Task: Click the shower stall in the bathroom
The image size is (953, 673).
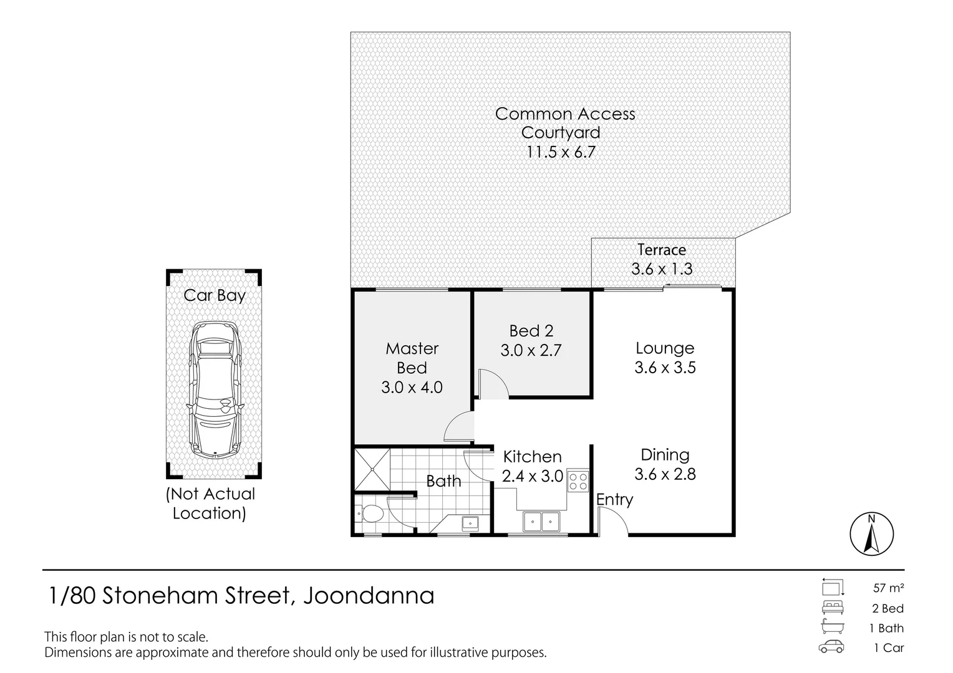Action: pyautogui.click(x=371, y=469)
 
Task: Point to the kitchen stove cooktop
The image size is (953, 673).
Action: pyautogui.click(x=578, y=480)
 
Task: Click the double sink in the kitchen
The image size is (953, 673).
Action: pyautogui.click(x=541, y=520)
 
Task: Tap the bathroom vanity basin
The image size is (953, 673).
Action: pyautogui.click(x=470, y=523)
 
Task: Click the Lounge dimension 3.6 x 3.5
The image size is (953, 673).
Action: pyautogui.click(x=665, y=368)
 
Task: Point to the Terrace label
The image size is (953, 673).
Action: pyautogui.click(x=662, y=250)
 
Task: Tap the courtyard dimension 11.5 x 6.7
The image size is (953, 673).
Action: pyautogui.click(x=560, y=151)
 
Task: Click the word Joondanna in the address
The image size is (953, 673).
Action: pyautogui.click(x=369, y=596)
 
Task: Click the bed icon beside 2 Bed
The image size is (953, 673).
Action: pyautogui.click(x=832, y=608)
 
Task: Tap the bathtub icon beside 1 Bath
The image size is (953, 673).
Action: pyautogui.click(x=832, y=627)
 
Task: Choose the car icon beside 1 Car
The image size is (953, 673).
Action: pyautogui.click(x=832, y=647)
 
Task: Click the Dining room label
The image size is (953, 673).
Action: pyautogui.click(x=665, y=455)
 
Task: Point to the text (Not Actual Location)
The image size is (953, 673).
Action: pyautogui.click(x=210, y=504)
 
